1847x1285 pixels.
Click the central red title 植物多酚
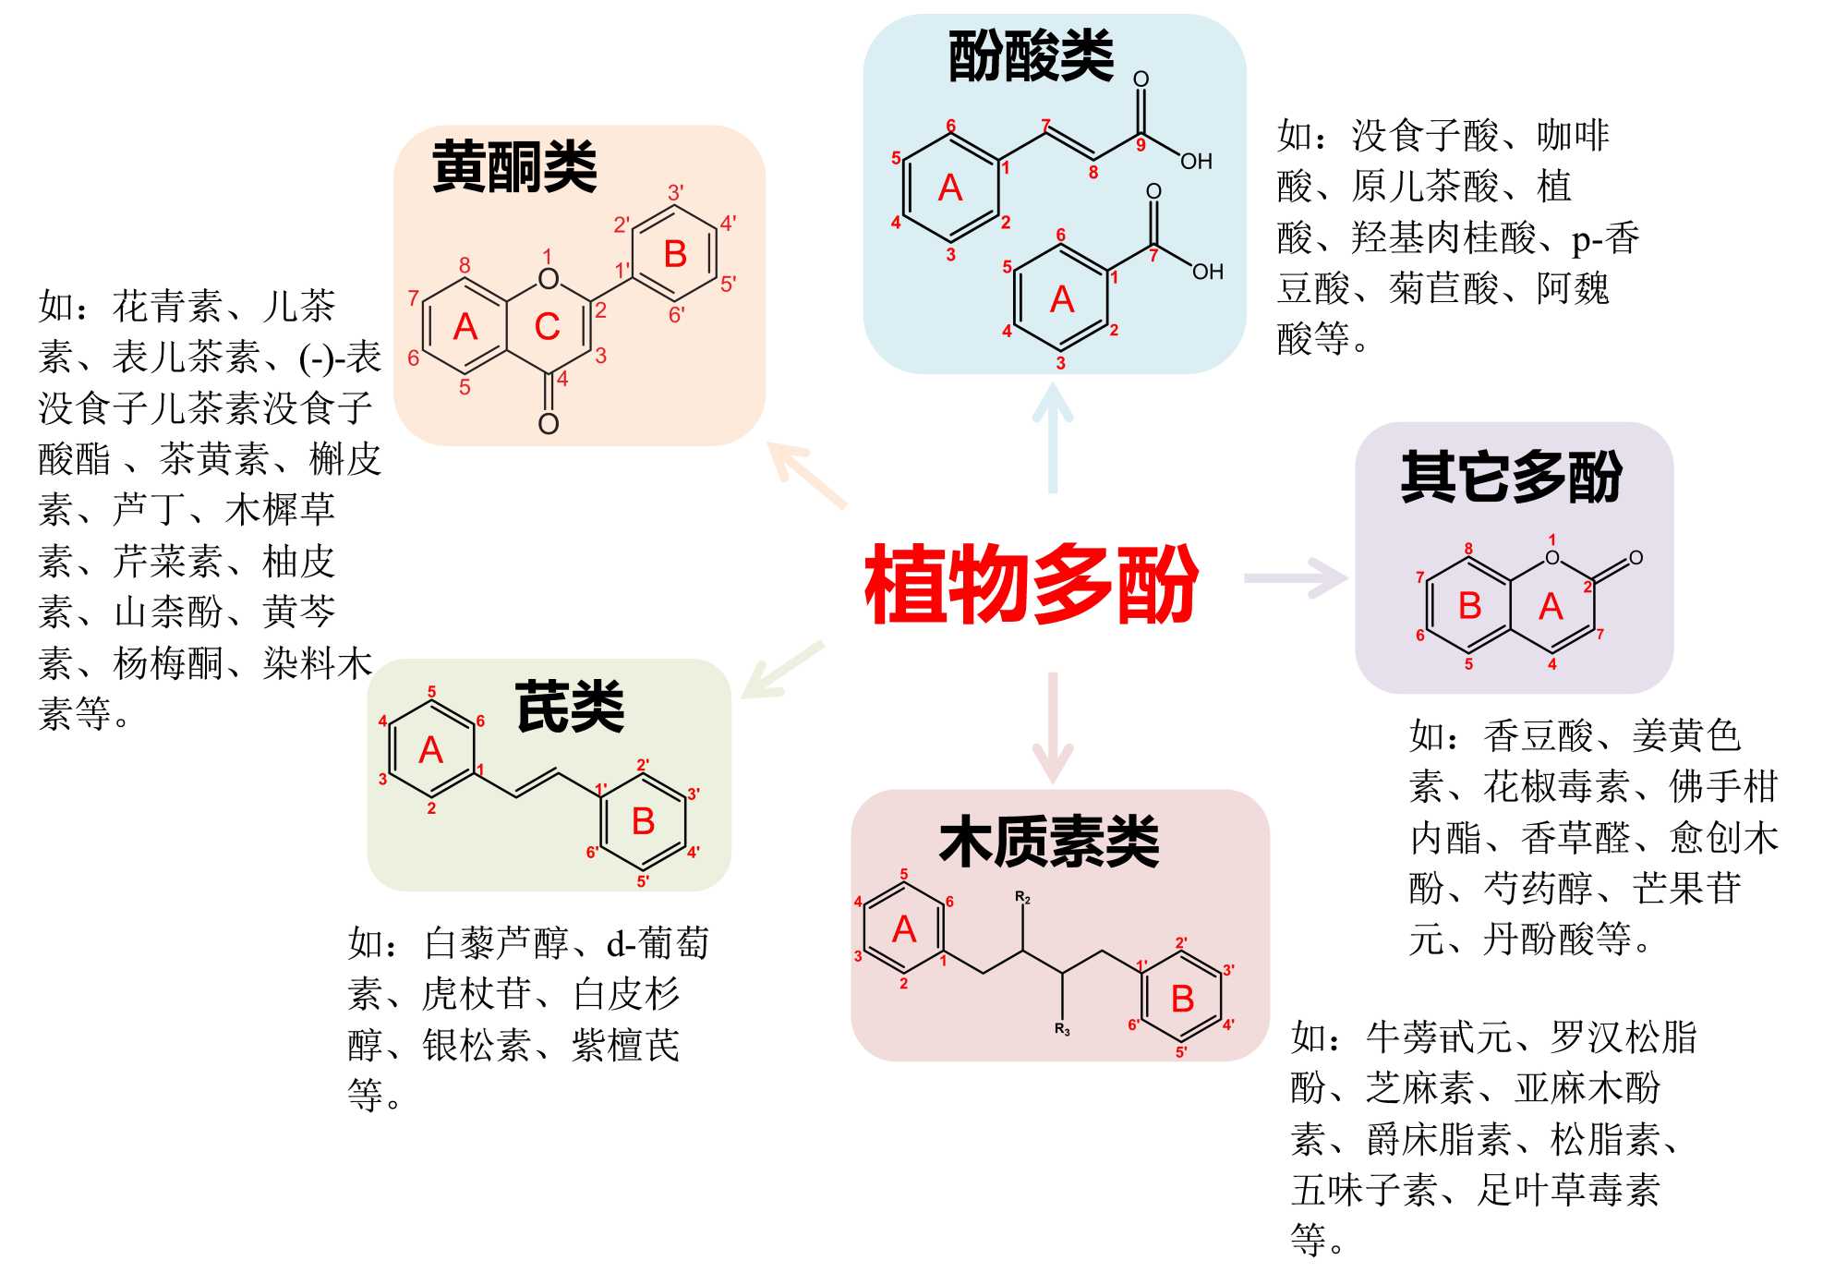coord(1031,584)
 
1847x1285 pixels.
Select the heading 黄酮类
coord(514,167)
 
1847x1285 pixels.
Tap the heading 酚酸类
coord(1031,56)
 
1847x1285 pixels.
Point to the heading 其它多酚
coord(1512,477)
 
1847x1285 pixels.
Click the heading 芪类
coord(570,708)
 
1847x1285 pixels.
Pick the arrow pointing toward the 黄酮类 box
coord(803,472)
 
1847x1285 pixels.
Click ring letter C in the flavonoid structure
coord(548,326)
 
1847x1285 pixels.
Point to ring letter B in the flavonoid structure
coord(675,254)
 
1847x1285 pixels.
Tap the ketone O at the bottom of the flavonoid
coord(549,424)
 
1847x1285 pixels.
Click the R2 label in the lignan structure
coord(1022,897)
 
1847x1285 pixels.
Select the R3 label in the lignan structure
coord(1062,1029)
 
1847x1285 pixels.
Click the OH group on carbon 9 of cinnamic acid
coord(1196,161)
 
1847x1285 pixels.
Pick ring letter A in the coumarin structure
coord(1551,607)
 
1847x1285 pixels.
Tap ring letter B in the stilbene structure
coord(643,821)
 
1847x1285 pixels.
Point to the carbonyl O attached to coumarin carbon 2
coord(1636,557)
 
